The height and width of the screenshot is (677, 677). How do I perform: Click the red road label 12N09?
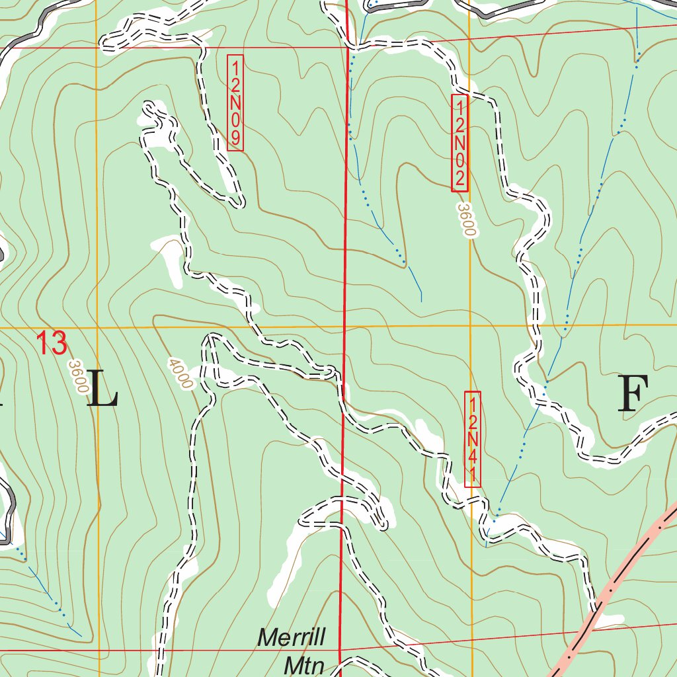coord(235,102)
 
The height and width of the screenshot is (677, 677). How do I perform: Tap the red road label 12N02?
coord(459,143)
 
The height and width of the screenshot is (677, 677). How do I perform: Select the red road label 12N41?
coord(473,440)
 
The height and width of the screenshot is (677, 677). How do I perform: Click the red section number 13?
coord(52,344)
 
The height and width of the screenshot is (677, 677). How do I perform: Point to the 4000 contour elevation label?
coord(180,374)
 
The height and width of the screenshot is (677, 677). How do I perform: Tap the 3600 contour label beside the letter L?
coord(78,377)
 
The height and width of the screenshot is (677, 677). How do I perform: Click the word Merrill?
coord(291,639)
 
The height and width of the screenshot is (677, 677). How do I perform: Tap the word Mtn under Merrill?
coord(304,664)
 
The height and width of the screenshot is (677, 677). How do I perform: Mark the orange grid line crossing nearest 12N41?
coord(470,326)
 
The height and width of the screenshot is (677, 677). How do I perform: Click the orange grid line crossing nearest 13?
coord(97,327)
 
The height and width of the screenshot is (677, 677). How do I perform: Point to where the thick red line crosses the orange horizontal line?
coord(344,327)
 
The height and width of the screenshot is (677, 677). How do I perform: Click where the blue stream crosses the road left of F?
coord(546,383)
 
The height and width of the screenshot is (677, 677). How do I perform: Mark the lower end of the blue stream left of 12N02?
coord(421,301)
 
